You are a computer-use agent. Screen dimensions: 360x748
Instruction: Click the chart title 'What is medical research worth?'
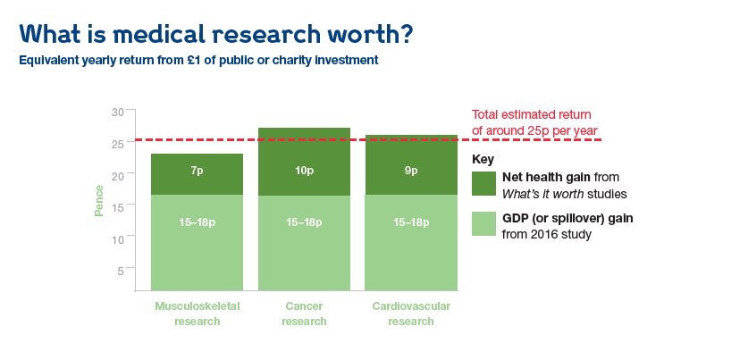[x=215, y=33]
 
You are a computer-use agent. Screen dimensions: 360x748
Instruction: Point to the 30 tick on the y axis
[x=118, y=111]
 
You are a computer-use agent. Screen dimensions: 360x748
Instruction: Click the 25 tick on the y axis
[x=118, y=143]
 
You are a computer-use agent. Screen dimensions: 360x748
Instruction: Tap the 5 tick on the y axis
[x=121, y=271]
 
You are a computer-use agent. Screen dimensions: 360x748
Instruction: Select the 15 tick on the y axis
[x=118, y=207]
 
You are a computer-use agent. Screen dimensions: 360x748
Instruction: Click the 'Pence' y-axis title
[x=99, y=201]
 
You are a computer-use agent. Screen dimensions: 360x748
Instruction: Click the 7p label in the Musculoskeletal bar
[x=198, y=171]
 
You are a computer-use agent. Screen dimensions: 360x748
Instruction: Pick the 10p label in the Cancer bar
[x=305, y=171]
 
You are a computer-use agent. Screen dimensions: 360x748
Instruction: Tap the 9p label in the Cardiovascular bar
[x=412, y=171]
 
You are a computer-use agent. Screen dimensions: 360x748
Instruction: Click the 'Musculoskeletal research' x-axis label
[x=197, y=314]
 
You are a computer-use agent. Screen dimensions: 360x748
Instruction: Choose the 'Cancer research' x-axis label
[x=305, y=314]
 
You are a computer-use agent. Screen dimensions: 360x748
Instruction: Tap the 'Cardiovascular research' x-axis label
[x=411, y=314]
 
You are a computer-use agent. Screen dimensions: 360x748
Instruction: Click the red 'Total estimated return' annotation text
[x=533, y=122]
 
